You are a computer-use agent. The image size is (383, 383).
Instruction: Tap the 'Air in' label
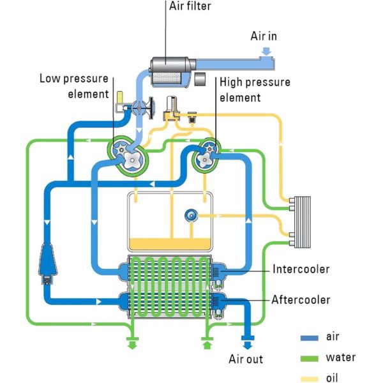(263, 36)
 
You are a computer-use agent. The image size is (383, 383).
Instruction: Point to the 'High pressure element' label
(254, 90)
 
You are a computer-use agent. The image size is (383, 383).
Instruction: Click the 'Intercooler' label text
(301, 269)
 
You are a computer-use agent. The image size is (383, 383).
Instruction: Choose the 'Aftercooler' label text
(301, 299)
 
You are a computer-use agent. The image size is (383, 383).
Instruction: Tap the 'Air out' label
(246, 359)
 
